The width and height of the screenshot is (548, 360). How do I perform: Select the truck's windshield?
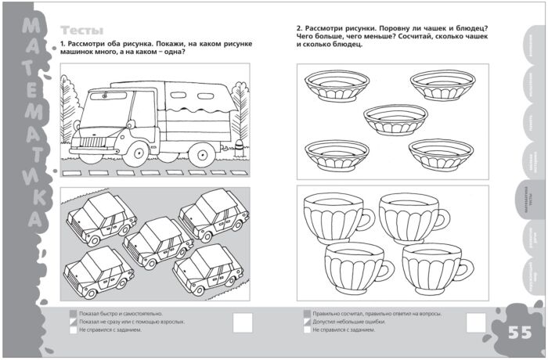(x=106, y=104)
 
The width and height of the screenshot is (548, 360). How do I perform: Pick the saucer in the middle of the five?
(x=396, y=118)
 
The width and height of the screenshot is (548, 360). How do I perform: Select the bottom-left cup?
(x=355, y=267)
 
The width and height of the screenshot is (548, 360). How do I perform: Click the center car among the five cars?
(x=158, y=241)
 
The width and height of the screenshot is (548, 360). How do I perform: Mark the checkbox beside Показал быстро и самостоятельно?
(x=73, y=313)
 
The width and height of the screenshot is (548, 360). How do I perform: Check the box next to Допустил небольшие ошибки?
(x=307, y=322)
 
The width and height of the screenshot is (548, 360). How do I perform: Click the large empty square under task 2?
(x=477, y=322)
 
